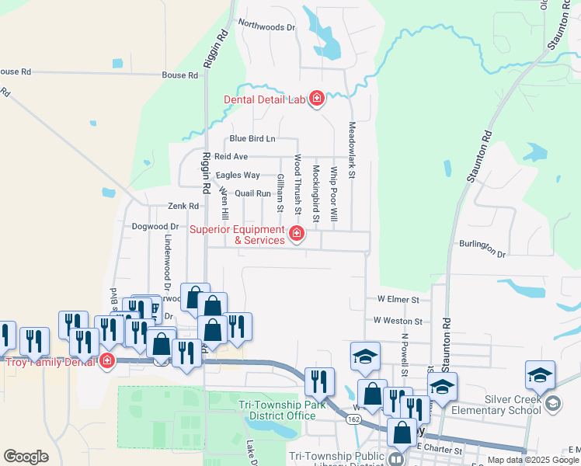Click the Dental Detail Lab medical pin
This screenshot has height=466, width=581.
[316, 99]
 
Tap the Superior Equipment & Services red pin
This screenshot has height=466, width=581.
[296, 234]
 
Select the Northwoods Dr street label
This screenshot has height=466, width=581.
[267, 27]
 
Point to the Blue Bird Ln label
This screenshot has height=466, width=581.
[252, 139]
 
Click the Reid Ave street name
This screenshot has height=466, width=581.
[231, 157]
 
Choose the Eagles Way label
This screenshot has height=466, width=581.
[238, 176]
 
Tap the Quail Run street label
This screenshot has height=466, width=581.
[252, 193]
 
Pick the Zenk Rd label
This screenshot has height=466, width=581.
[184, 207]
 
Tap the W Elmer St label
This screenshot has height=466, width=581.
[398, 298]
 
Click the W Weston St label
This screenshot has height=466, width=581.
[397, 320]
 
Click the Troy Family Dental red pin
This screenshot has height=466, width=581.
[107, 361]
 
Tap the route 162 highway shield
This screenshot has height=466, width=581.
[354, 419]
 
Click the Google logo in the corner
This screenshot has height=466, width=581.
[26, 457]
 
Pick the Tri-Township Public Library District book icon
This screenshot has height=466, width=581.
[396, 460]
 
